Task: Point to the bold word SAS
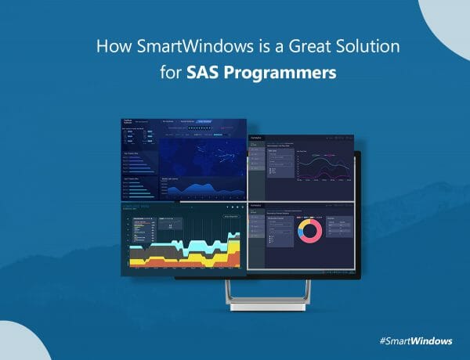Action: click(x=204, y=74)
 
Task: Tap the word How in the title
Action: click(x=110, y=46)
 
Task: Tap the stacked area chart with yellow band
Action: click(x=185, y=250)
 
